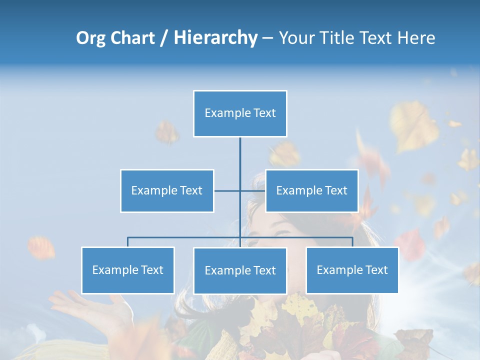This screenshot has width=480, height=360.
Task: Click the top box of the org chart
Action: click(x=240, y=113)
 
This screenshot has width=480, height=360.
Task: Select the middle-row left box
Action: click(x=167, y=190)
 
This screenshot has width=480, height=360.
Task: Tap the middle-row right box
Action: click(x=311, y=190)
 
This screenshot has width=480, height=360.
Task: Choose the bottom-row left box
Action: click(x=128, y=270)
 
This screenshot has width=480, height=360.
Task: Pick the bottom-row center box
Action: click(x=240, y=270)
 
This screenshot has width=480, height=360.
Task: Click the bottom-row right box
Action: click(x=352, y=270)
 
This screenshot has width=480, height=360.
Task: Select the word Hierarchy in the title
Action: click(x=215, y=38)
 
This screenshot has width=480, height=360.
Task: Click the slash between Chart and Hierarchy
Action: click(x=164, y=38)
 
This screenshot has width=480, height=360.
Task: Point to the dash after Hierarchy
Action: click(x=267, y=38)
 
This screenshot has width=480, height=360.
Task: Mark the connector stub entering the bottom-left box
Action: click(x=128, y=242)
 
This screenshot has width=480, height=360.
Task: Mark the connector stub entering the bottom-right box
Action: click(x=352, y=242)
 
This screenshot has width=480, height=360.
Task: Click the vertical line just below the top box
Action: click(x=240, y=150)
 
